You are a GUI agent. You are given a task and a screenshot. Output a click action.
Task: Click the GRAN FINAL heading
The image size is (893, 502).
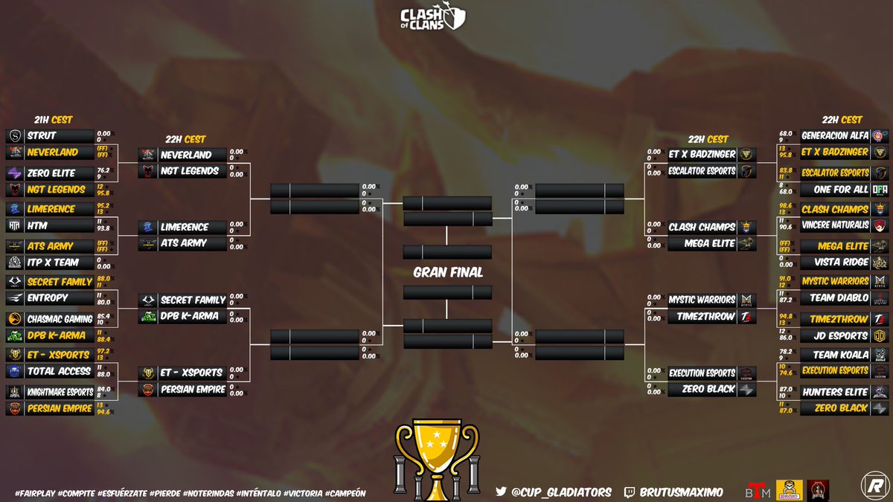tap(447, 272)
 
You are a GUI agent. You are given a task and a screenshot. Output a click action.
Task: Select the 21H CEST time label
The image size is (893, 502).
tap(52, 120)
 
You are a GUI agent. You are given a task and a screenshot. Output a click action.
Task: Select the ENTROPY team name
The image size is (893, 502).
tap(47, 297)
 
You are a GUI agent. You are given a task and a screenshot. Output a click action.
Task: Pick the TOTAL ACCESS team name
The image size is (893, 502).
tap(59, 371)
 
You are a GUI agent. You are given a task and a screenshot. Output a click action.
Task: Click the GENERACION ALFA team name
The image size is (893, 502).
tap(834, 136)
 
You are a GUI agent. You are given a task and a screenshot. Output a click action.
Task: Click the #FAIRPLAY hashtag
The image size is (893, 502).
tap(36, 493)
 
